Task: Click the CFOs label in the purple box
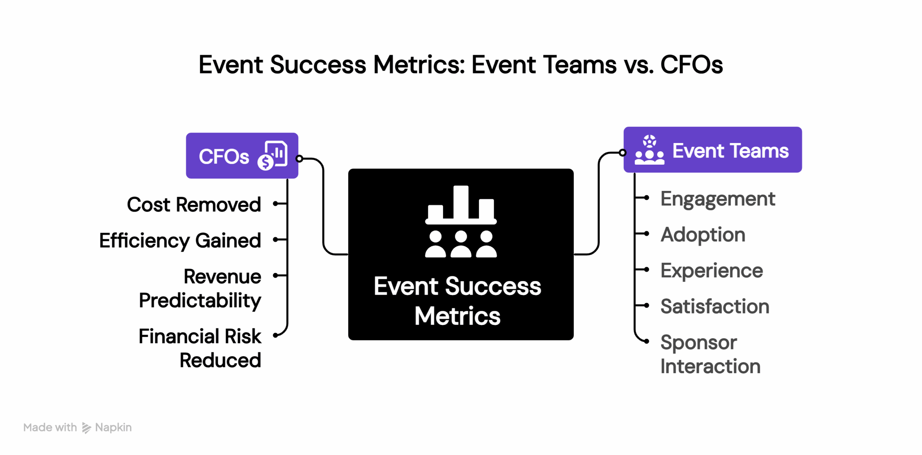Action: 223,156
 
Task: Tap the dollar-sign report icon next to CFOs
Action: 273,156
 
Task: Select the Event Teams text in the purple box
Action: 730,151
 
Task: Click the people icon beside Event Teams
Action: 649,150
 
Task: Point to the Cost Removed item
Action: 194,205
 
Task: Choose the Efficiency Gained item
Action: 180,240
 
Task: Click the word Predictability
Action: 200,300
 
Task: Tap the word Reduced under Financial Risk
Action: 220,360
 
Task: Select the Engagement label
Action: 717,199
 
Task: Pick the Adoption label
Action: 703,235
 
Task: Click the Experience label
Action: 711,271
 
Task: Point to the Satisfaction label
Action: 715,307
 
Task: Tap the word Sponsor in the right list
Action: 698,343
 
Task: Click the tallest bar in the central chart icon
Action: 461,202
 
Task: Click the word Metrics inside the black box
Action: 457,316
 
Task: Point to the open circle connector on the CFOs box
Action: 299,159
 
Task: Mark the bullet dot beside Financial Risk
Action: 275,335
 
